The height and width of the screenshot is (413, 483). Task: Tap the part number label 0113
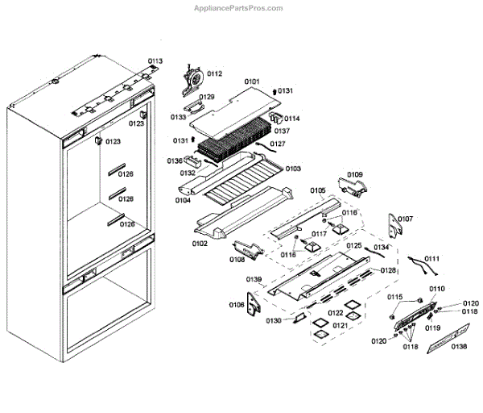pyautogui.click(x=155, y=61)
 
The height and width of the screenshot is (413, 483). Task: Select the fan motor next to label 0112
pyautogui.click(x=194, y=79)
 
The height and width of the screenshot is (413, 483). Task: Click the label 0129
pyautogui.click(x=207, y=97)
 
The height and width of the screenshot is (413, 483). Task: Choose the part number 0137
pyautogui.click(x=282, y=131)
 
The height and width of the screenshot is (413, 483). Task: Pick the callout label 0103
pyautogui.click(x=292, y=169)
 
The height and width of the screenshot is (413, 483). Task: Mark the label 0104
pyautogui.click(x=183, y=199)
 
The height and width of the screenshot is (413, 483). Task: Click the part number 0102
pyautogui.click(x=199, y=242)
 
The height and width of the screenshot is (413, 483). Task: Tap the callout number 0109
pyautogui.click(x=355, y=174)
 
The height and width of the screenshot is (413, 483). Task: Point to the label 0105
pyautogui.click(x=317, y=191)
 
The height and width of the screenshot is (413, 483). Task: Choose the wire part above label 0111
pyautogui.click(x=423, y=261)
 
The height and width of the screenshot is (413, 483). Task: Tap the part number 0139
pyautogui.click(x=254, y=279)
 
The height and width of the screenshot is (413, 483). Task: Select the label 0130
pyautogui.click(x=274, y=320)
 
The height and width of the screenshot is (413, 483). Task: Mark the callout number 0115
pyautogui.click(x=394, y=298)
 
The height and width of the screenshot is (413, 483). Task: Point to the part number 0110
pyautogui.click(x=436, y=288)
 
